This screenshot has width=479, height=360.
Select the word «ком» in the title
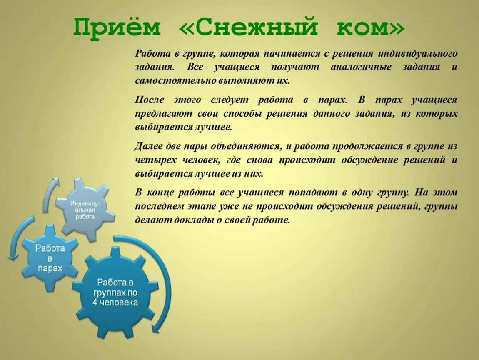pos(370,27)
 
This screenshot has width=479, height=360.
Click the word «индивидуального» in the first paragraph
pos(418,53)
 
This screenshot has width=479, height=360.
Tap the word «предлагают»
pos(163,113)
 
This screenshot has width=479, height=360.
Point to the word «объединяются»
pos(244,146)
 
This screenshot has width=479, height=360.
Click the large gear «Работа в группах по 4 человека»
pos(115,292)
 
